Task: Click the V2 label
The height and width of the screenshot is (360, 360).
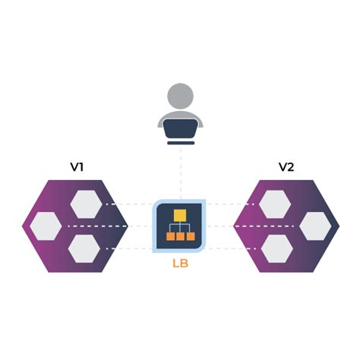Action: [286, 167]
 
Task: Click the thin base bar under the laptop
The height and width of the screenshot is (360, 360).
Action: [180, 142]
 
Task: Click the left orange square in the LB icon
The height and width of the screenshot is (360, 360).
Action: [170, 236]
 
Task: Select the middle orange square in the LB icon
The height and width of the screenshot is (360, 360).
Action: [180, 236]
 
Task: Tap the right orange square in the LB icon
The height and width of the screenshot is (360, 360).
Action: [191, 236]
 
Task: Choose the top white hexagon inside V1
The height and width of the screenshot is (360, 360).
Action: [85, 204]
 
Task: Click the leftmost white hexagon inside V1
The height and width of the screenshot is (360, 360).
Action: [46, 226]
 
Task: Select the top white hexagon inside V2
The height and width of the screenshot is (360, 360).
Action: [274, 204]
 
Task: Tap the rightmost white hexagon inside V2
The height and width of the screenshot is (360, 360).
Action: [314, 226]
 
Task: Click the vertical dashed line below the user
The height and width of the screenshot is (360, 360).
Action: [180, 171]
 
